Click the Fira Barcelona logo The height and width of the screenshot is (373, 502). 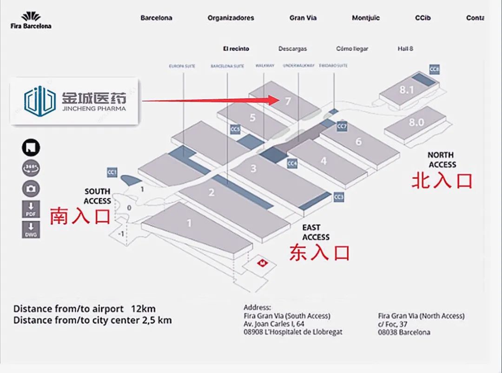pos(31,20)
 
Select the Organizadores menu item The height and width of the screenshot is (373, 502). pos(231,18)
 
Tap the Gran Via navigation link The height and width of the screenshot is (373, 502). pos(303,18)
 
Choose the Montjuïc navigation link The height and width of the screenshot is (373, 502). pos(366,18)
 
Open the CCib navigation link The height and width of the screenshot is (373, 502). pos(423,18)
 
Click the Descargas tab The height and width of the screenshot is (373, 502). pos(292,48)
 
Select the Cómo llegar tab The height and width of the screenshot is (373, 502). pos(352,48)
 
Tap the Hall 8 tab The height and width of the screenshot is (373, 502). pos(405,48)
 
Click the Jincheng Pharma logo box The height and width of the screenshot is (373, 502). pos(75,101)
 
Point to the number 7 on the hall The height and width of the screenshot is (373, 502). pos(288,101)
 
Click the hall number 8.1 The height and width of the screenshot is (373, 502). pos(406,90)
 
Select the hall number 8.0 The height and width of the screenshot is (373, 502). pos(416,122)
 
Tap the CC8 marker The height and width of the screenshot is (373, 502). pos(434,70)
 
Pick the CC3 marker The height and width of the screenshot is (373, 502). pos(338,197)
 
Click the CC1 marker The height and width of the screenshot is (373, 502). pos(112,172)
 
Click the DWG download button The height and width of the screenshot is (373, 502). pos(31,230)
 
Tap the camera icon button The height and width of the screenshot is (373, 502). pos(31,189)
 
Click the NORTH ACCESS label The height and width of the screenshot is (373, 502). pos(442,160)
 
